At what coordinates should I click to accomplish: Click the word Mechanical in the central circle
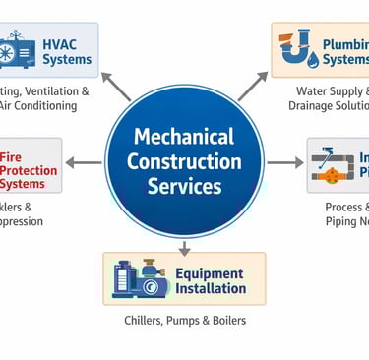[184, 136]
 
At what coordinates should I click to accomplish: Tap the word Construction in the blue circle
[184, 160]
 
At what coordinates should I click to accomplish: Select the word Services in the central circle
[184, 185]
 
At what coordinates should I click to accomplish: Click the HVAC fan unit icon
[20, 51]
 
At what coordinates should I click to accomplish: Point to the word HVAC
[64, 43]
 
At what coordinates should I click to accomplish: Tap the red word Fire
[10, 156]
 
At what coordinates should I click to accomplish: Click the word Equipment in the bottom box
[210, 272]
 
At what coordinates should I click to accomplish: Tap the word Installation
[211, 288]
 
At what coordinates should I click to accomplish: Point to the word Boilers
[225, 321]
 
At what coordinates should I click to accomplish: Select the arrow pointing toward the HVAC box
[115, 87]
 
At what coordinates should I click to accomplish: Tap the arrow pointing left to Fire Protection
[86, 161]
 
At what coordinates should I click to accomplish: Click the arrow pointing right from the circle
[285, 161]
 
